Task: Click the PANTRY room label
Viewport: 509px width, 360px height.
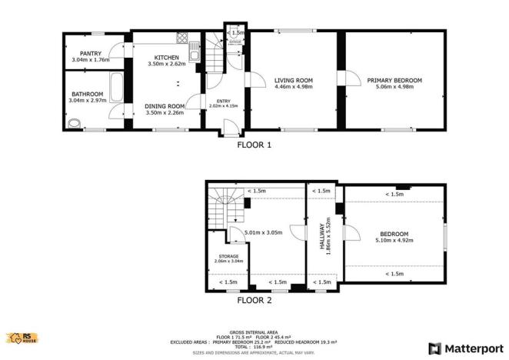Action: click(90, 54)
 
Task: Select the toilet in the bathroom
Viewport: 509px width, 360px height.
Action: click(74, 123)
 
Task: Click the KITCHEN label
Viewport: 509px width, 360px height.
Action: click(166, 58)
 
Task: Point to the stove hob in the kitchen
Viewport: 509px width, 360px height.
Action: click(183, 38)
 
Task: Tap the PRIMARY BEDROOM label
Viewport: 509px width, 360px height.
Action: click(394, 80)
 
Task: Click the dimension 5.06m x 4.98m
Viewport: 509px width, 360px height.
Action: click(394, 87)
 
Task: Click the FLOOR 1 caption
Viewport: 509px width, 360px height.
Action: click(254, 144)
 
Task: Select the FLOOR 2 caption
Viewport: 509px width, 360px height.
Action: click(254, 300)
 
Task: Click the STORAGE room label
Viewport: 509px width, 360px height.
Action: click(228, 255)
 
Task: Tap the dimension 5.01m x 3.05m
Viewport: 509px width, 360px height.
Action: click(263, 232)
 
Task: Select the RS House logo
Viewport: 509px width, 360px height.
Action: click(21, 337)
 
